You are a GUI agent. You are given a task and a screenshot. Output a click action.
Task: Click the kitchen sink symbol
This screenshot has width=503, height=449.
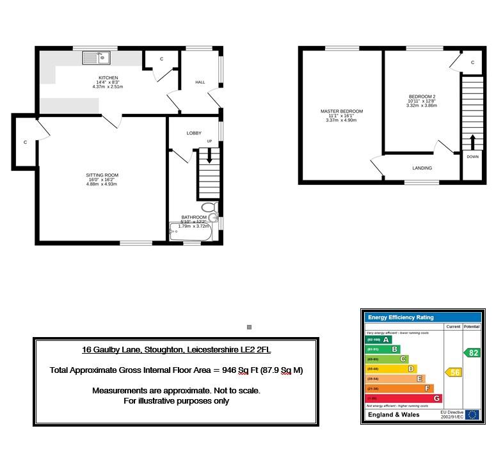pyautogui.click(x=96, y=58)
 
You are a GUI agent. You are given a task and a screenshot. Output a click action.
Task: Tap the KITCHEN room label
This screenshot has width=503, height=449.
pyautogui.click(x=108, y=77)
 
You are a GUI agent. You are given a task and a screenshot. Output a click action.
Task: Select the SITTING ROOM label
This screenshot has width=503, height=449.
pyautogui.click(x=102, y=175)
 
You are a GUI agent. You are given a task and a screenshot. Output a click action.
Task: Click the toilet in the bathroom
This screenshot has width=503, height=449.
pyautogui.click(x=208, y=208)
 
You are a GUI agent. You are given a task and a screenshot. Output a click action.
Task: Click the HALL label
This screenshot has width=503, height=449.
pyautogui.click(x=200, y=83)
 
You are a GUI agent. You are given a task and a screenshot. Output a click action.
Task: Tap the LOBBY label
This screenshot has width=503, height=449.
pyautogui.click(x=194, y=133)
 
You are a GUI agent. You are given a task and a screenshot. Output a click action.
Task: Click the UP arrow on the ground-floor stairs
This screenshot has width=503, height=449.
pyautogui.click(x=209, y=155)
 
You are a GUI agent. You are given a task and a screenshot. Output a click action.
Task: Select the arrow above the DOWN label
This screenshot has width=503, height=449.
pyautogui.click(x=473, y=141)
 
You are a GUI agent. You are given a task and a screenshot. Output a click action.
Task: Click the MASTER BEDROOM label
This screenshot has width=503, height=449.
pyautogui.click(x=342, y=111)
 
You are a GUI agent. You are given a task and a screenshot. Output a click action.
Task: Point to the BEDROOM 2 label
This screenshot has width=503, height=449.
pyautogui.click(x=421, y=97)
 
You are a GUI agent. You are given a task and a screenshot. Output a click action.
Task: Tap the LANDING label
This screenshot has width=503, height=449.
pyautogui.click(x=422, y=168)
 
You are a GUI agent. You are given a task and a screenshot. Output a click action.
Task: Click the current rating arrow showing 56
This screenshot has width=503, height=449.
pyautogui.click(x=453, y=372)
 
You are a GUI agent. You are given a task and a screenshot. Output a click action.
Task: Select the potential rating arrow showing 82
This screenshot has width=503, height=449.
pyautogui.click(x=472, y=352)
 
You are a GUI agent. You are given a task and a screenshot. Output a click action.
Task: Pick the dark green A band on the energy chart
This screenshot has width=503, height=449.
pyautogui.click(x=377, y=340)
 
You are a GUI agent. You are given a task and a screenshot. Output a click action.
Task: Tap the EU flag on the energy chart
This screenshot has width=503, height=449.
pyautogui.click(x=472, y=414)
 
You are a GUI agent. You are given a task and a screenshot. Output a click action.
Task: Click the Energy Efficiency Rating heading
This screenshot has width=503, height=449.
pyautogui.click(x=400, y=317)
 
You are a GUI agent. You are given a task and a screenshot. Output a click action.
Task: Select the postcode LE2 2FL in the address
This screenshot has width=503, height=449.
pyautogui.click(x=264, y=350)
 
